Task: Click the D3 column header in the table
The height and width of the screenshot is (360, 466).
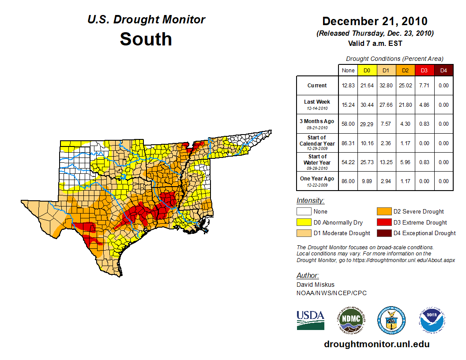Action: (424, 70)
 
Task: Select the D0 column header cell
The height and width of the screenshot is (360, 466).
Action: (367, 70)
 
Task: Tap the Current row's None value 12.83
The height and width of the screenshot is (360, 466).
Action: (348, 86)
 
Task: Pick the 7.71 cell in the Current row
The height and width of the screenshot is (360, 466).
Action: (424, 86)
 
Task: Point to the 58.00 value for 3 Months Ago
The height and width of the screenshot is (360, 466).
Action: (348, 124)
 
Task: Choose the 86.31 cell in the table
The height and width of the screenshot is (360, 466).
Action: (348, 143)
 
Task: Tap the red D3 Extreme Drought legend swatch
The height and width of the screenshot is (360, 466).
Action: (384, 222)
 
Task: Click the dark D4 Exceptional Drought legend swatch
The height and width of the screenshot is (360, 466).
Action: (384, 233)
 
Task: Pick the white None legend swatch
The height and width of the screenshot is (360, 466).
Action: (304, 212)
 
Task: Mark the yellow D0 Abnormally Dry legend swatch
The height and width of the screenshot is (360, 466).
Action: (304, 222)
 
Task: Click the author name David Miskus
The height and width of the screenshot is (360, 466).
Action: (316, 285)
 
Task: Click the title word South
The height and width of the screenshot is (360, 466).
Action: (146, 39)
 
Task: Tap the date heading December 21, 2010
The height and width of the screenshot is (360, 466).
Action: (375, 21)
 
